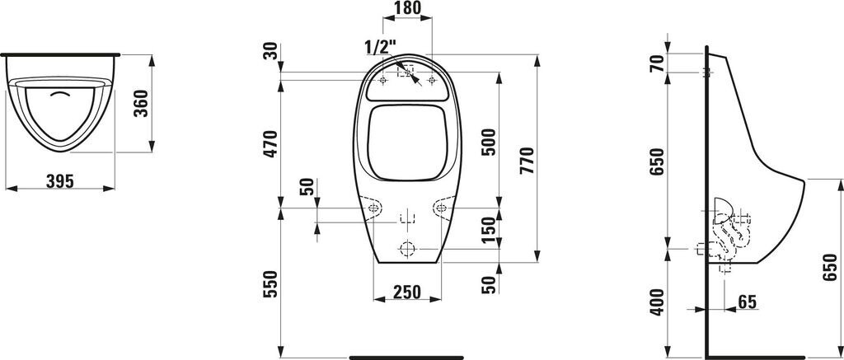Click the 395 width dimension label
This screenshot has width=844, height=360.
pyautogui.click(x=59, y=181)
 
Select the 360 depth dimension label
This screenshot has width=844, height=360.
pyautogui.click(x=140, y=103)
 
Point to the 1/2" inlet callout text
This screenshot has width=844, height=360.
pyautogui.click(x=380, y=48)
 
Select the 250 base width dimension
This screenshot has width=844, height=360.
pyautogui.click(x=406, y=291)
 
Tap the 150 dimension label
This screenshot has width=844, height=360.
pyautogui.click(x=488, y=231)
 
